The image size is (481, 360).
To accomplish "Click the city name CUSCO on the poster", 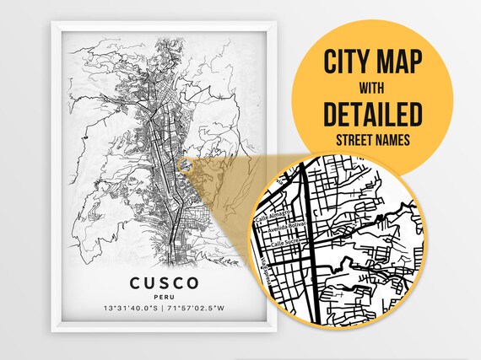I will coord(163,282).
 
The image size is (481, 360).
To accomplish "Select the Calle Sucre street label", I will coord(285,244).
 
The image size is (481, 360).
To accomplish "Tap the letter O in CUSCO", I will coord(194,282).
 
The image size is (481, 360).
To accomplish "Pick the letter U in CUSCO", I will coord(148,282).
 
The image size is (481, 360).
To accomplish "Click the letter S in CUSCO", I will coord(163,282).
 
